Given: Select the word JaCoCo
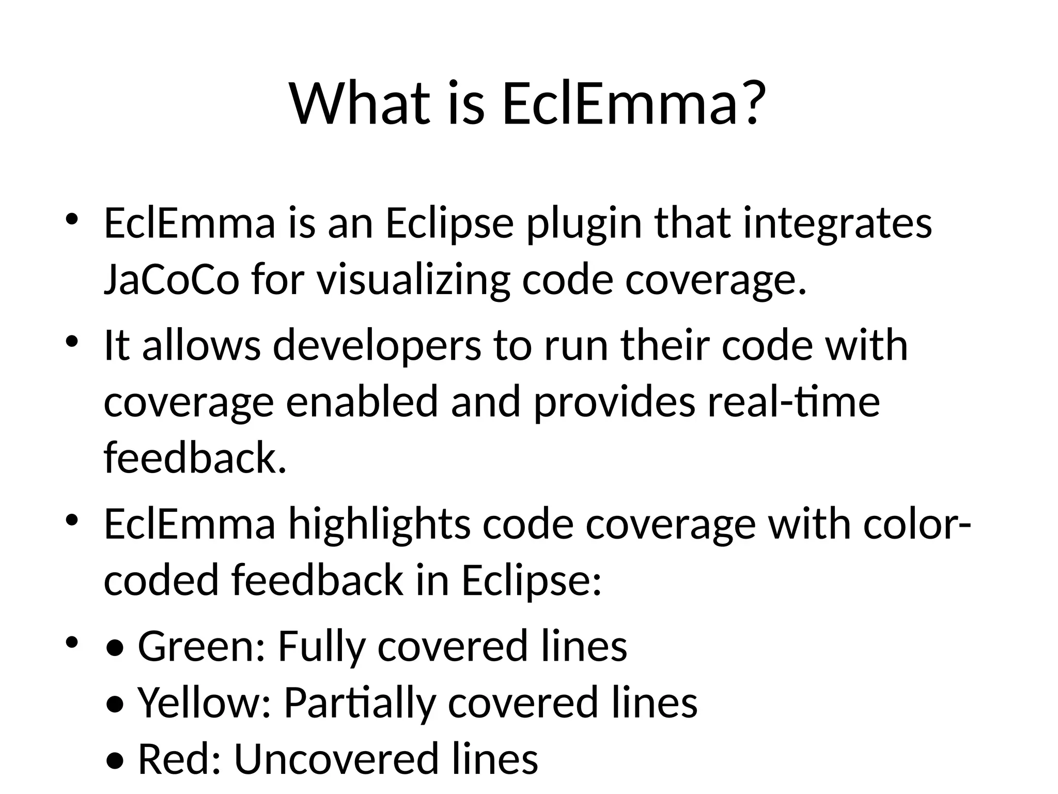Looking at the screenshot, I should tap(172, 280).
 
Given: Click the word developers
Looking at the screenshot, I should tap(377, 345).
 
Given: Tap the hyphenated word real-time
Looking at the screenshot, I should tap(793, 402).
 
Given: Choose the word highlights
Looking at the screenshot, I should tap(379, 524).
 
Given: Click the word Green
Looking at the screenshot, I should tap(201, 646).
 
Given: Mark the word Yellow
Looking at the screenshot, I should tap(204, 702).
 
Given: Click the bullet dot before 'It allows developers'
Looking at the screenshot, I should tap(71, 341).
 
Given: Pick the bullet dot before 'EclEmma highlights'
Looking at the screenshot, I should tap(71, 520).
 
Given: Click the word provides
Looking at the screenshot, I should tap(614, 402).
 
